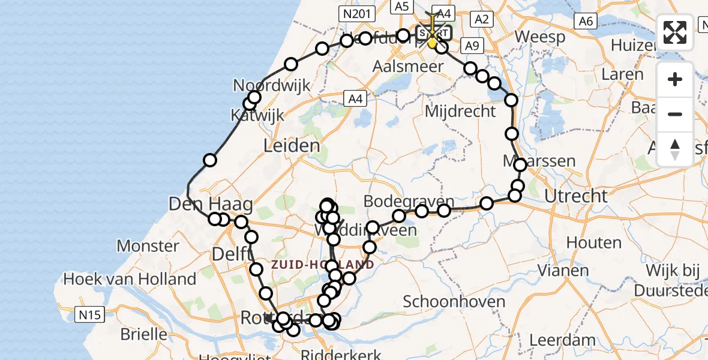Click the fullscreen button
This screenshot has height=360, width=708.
point(675,32)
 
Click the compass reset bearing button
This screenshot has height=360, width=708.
point(675,149)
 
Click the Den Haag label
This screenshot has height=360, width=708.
point(202,204)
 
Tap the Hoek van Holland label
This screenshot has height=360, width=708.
point(130,279)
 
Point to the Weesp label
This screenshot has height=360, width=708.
point(539,37)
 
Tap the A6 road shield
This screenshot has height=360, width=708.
point(586,22)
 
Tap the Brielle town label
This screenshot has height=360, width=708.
point(144,334)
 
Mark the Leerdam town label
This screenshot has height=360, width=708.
point(562,340)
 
